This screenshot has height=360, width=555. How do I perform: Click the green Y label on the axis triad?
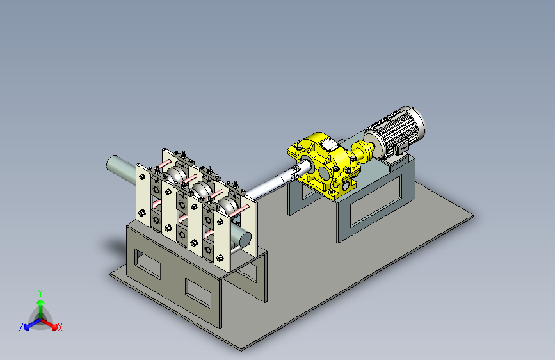tap(40, 293)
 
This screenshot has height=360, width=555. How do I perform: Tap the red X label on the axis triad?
tap(60, 328)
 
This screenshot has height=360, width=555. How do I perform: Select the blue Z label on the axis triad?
tap(21, 327)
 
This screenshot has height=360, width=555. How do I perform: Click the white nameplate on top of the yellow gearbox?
tap(328, 143)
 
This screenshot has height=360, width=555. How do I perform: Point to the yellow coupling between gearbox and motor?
tap(362, 151)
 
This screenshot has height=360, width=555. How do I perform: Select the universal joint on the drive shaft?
tap(295, 172)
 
